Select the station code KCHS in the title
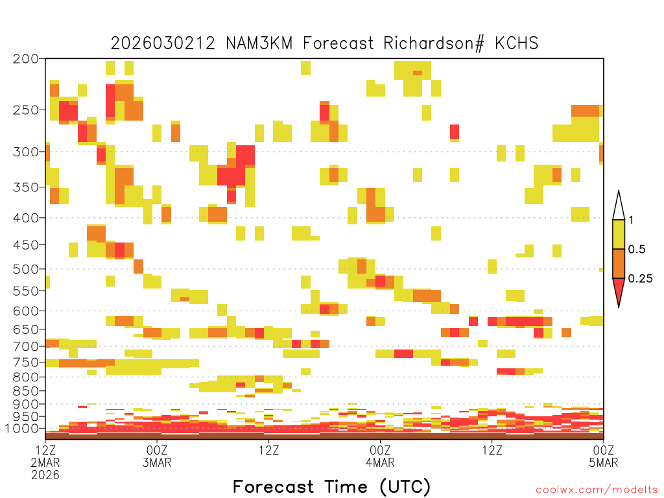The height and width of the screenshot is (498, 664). click(516, 43)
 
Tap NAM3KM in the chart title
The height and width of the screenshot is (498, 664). click(259, 43)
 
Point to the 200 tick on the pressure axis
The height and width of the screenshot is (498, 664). click(26, 59)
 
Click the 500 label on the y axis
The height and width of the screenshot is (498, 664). click(26, 269)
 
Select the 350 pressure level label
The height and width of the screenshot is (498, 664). click(26, 187)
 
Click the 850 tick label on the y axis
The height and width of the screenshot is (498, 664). click(26, 391)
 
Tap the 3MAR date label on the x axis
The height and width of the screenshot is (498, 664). click(157, 462)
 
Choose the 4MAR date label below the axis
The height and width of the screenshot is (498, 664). click(380, 462)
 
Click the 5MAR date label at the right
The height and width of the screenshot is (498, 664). click(604, 462)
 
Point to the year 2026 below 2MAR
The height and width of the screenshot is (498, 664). click(45, 475)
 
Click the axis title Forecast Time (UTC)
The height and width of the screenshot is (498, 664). click(331, 487)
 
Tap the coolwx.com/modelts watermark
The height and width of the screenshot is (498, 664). click(597, 490)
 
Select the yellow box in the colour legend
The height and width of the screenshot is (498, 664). click(619, 234)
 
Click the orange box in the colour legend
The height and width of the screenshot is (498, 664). click(619, 263)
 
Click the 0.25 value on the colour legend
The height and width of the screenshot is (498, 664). click(640, 279)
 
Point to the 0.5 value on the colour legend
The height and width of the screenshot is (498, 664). click(637, 250)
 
